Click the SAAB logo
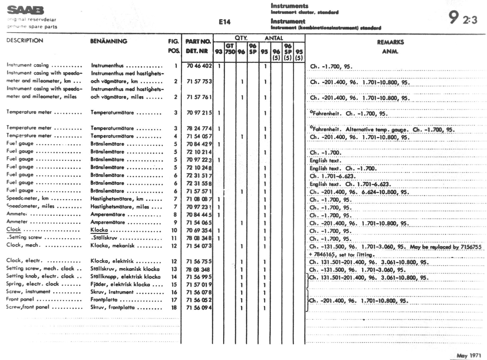point(25,10)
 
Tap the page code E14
point(224,22)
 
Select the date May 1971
point(469,355)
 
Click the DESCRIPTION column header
point(25,40)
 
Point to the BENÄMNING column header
point(109,41)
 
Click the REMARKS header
point(390,42)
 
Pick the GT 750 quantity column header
point(230,49)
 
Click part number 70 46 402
point(199,66)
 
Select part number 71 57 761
point(199,97)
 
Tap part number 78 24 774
point(199,128)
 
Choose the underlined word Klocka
point(99,230)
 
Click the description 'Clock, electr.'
point(24,260)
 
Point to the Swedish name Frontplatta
point(104,300)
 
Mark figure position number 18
point(174,308)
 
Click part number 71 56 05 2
point(199,300)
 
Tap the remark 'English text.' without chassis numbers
point(325,160)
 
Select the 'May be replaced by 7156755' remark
point(446,247)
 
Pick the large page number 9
point(453,17)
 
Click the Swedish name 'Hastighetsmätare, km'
point(117,199)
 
